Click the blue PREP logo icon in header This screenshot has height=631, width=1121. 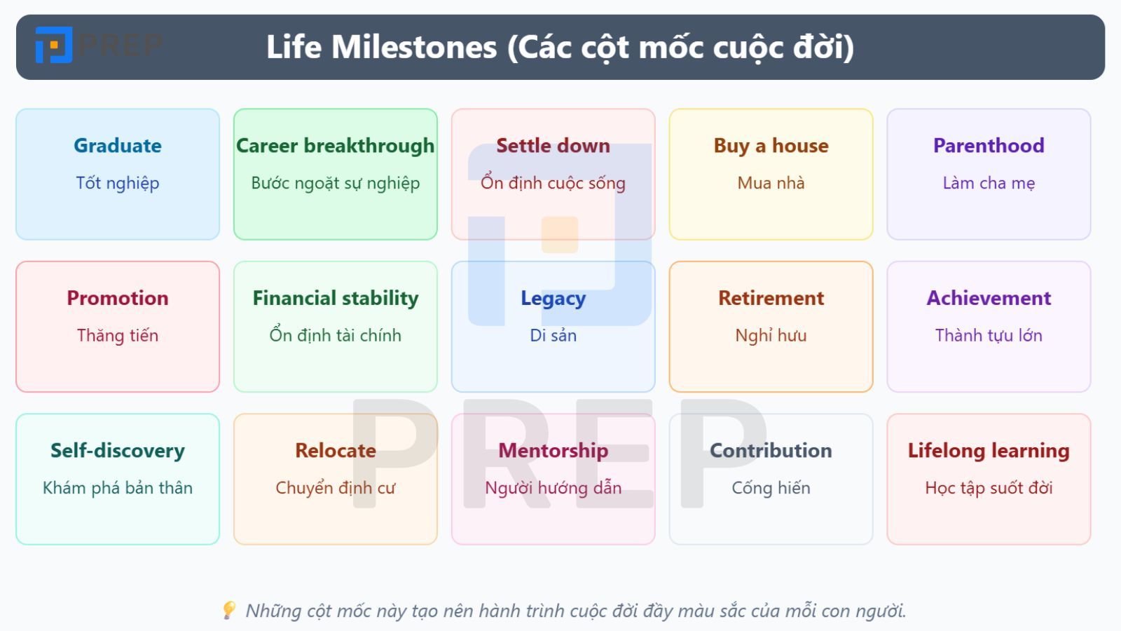pos(54,46)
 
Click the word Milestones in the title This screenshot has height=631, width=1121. pos(414,47)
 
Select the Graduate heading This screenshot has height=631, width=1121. pos(118,145)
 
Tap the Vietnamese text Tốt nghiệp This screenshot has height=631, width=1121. pos(118,183)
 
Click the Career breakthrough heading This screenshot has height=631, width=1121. pos(335,145)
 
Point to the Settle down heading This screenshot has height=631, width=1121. pos(553,145)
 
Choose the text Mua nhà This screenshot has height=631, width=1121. pos(771,183)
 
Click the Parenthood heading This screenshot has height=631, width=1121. pos(989,145)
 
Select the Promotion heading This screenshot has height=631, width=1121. pos(118,298)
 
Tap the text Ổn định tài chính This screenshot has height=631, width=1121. pos(335,335)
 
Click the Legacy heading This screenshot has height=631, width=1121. pos(553,298)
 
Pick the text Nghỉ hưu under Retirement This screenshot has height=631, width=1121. pos(771,335)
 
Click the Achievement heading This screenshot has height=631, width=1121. pos(989,298)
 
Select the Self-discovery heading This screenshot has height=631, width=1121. pos(118,450)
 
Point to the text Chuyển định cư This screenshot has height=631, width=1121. pos(335,488)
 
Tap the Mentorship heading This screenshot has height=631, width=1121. pos(553,450)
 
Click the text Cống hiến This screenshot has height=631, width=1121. pos(771,488)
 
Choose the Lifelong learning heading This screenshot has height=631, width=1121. pos(989,450)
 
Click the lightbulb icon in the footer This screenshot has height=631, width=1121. pos(228,610)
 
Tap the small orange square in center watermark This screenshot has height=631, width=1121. pos(560,235)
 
